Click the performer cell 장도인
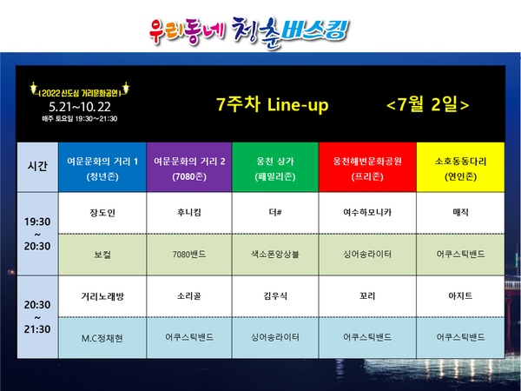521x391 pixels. (102, 212)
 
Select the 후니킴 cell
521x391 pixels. (188, 212)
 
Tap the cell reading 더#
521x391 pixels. (275, 212)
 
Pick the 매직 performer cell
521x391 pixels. (460, 212)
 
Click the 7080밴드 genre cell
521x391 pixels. (188, 255)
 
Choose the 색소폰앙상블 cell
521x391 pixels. (275, 255)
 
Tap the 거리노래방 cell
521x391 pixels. (102, 295)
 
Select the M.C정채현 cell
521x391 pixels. (102, 336)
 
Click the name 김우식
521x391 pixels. (275, 295)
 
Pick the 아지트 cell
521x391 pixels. (460, 295)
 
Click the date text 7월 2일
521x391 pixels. (427, 104)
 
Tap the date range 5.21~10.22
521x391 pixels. (80, 106)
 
